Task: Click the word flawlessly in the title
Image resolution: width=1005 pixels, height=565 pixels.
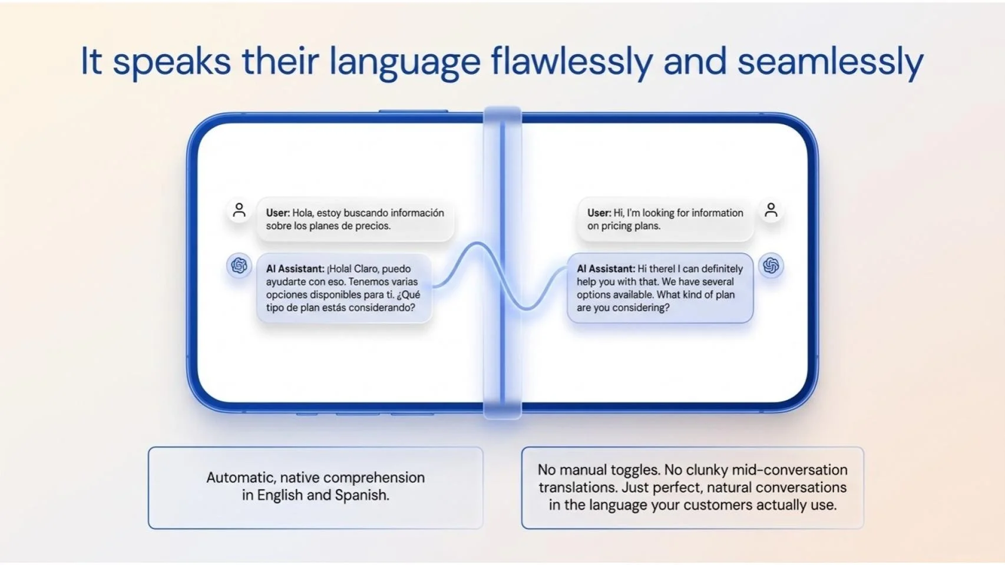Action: (x=571, y=61)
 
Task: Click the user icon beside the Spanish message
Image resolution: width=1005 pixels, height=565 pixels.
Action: (x=239, y=210)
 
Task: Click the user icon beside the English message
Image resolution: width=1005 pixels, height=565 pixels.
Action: (x=771, y=210)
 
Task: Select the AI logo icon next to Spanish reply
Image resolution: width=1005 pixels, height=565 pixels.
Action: (x=239, y=266)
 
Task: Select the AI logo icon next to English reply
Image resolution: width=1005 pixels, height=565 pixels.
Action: (x=771, y=266)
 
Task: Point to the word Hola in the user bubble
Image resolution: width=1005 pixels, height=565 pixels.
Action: (x=303, y=213)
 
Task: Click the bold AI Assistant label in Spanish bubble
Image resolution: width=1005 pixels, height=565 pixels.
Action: (x=295, y=269)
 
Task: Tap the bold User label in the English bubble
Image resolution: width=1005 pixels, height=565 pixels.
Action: (x=599, y=213)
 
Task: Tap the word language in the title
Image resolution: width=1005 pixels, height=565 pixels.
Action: (x=405, y=61)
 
